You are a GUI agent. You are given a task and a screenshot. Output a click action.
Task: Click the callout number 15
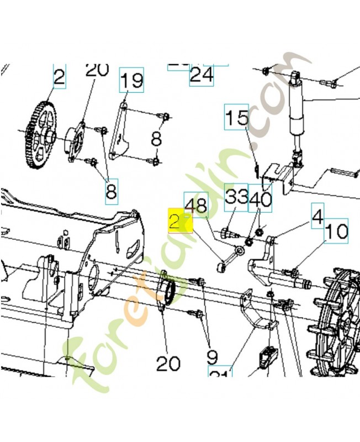(x=237, y=119)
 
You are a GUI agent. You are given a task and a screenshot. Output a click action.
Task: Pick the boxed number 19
(x=131, y=81)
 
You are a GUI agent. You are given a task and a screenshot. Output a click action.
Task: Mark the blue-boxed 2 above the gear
(x=59, y=78)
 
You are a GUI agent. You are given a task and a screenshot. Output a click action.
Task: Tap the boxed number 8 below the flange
(x=111, y=191)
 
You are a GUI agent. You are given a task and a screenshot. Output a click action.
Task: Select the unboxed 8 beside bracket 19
(x=156, y=138)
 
